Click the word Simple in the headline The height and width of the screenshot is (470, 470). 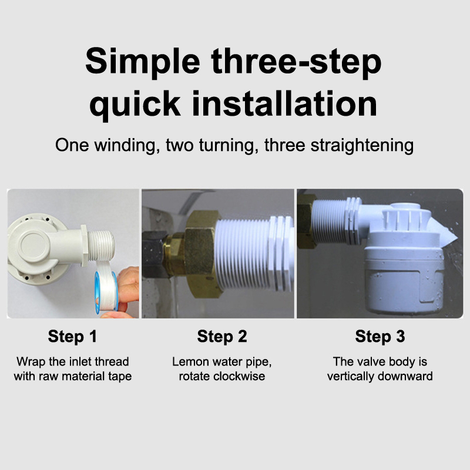[143, 62]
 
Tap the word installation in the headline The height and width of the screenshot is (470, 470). [284, 104]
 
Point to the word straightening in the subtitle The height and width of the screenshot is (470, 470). [362, 145]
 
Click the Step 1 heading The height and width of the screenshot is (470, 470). [72, 336]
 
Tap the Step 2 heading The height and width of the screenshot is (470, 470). [222, 336]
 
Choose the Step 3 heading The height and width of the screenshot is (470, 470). [380, 336]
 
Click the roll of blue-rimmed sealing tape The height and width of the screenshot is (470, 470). [106, 290]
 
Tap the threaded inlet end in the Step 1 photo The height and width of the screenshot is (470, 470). [101, 246]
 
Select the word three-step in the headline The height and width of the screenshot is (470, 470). [297, 62]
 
